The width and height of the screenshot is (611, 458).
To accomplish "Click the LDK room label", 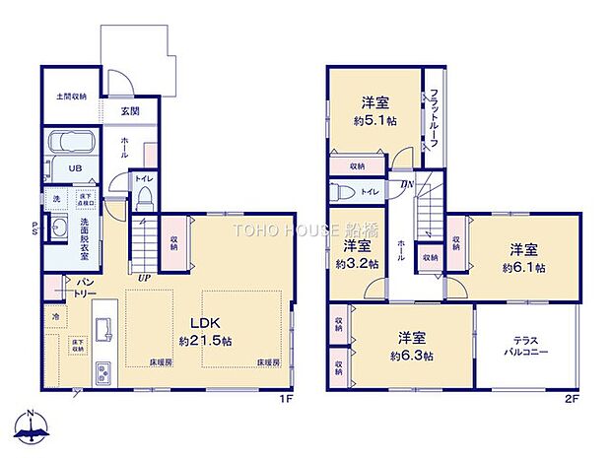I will pos(198,323).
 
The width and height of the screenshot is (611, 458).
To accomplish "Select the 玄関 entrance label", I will pos(129,111).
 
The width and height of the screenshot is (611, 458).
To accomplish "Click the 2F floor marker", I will pos(571,399).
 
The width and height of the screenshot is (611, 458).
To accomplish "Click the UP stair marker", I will pos(144,279).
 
